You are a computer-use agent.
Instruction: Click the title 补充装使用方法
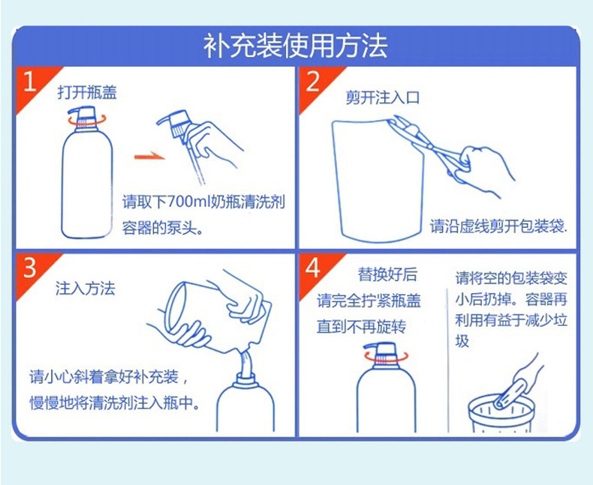295,46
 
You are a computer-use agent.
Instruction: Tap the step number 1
29,81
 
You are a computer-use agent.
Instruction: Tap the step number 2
313,81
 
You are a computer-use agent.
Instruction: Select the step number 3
30,268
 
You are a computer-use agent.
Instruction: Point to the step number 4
313,268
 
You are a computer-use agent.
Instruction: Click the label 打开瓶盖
87,92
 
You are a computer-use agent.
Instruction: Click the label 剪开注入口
383,98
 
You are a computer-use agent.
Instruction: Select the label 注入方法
85,288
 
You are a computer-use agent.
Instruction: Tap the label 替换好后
387,274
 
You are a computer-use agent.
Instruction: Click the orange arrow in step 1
150,157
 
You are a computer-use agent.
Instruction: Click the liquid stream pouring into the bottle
245,364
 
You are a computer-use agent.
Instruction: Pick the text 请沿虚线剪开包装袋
499,226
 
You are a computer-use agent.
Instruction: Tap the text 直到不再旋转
361,326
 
